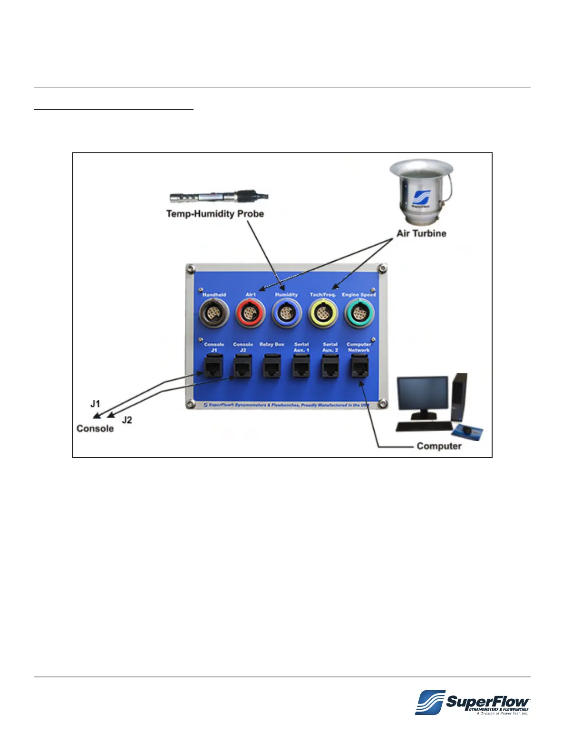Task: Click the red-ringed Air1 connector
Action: coord(250,313)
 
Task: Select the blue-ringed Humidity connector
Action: coord(286,313)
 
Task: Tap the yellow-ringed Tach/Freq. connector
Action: coord(323,314)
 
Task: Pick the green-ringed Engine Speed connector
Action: coord(359,314)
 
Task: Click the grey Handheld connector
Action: coord(214,313)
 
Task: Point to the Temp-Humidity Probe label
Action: coord(215,214)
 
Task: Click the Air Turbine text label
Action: coord(421,233)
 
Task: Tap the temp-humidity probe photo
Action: coord(219,197)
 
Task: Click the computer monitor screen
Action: coord(423,393)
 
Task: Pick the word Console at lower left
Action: coord(95,428)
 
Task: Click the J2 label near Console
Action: coord(126,420)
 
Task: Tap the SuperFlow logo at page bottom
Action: coord(472,702)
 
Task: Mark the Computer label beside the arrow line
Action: coord(439,446)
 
